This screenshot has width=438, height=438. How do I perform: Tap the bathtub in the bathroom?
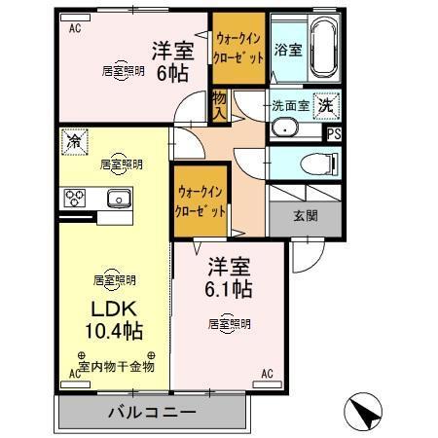(x=323, y=49)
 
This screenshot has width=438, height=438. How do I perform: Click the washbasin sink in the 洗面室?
(x=286, y=127)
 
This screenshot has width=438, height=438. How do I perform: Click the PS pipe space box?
(x=334, y=135)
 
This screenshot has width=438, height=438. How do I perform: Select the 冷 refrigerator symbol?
(x=74, y=142)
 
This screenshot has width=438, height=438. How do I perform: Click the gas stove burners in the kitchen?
(x=75, y=199)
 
